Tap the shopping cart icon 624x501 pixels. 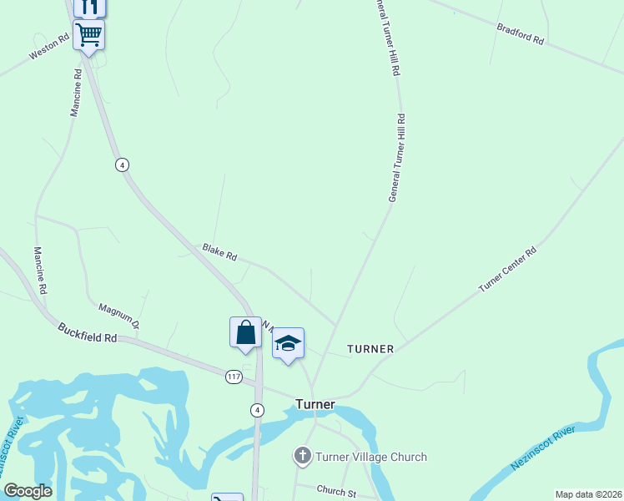(x=88, y=35)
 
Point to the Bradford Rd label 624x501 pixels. (x=520, y=33)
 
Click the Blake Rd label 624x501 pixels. (x=219, y=252)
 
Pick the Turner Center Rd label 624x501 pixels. (x=507, y=269)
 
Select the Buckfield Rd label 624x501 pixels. (x=88, y=333)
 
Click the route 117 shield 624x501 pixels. (x=234, y=377)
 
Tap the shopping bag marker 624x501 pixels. (x=245, y=332)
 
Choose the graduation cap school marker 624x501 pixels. (x=288, y=343)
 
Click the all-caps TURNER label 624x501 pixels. (x=370, y=348)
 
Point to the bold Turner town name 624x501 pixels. (x=315, y=405)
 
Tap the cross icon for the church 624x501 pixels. (x=302, y=457)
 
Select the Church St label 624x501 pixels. (x=336, y=491)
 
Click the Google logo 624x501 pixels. (x=28, y=491)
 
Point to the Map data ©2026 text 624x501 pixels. (x=587, y=494)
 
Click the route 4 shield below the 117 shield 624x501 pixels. (x=259, y=409)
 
